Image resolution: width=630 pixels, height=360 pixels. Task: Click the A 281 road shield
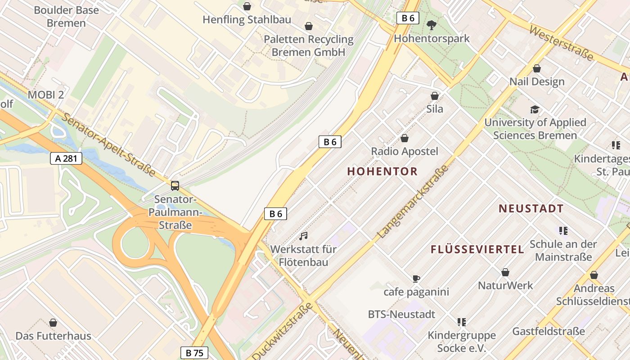click(x=66, y=158)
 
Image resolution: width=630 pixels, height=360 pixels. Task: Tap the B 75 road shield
click(x=194, y=353)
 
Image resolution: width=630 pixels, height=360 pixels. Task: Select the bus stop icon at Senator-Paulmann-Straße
click(x=175, y=185)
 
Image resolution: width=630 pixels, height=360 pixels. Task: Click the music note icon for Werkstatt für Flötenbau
click(x=304, y=236)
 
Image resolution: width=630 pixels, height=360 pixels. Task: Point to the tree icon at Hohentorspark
click(x=431, y=25)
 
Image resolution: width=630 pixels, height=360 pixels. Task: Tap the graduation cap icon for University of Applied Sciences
click(x=535, y=109)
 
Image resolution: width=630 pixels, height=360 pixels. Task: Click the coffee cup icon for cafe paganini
click(x=416, y=279)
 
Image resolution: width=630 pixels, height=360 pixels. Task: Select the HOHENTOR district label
click(x=382, y=171)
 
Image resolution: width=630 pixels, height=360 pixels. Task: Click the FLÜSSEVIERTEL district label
click(x=477, y=249)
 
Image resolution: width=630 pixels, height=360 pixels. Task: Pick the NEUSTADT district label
click(x=531, y=209)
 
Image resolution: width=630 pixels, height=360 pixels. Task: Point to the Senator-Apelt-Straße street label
click(x=108, y=144)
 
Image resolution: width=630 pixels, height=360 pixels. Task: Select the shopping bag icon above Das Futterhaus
click(x=53, y=323)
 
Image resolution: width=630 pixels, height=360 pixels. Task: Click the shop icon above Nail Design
click(x=536, y=68)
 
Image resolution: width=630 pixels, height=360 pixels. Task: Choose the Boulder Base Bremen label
click(x=66, y=17)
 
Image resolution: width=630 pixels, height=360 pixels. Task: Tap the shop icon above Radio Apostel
click(x=404, y=138)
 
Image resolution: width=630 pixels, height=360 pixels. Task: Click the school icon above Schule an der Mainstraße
click(x=563, y=231)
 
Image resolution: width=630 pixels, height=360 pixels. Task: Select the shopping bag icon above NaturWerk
click(x=505, y=272)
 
